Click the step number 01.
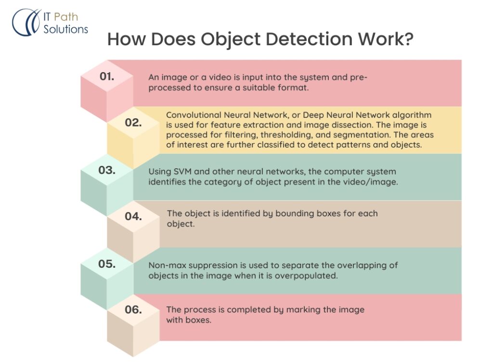click(106, 76)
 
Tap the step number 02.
click(133, 123)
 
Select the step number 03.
click(106, 170)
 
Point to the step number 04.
click(133, 216)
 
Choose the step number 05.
click(106, 264)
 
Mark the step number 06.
click(133, 310)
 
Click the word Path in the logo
click(66, 18)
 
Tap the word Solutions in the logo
click(66, 29)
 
